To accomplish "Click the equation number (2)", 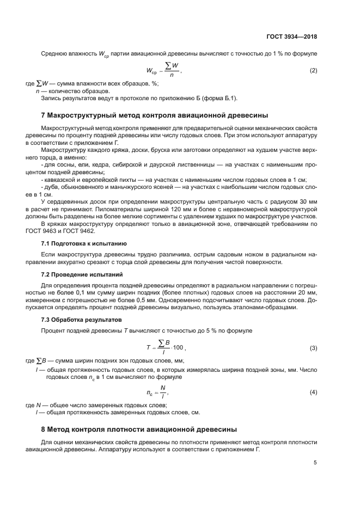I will (313, 71).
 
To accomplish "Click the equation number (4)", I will (313, 392).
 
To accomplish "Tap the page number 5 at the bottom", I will (315, 463).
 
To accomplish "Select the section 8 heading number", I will (44, 430).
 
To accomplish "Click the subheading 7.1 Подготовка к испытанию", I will (84, 243).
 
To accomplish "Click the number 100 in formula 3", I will (178, 347).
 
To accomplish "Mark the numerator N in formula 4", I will (163, 387).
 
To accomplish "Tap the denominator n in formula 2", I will (172, 76).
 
